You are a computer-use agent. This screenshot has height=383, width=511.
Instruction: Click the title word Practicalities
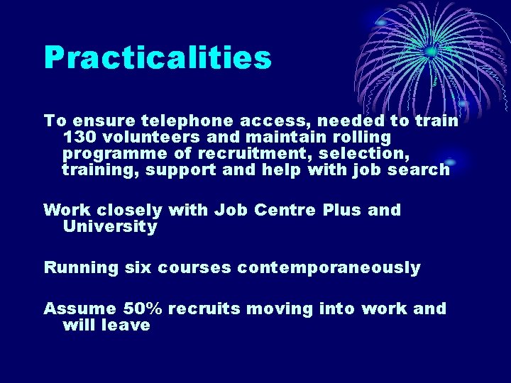click(x=158, y=58)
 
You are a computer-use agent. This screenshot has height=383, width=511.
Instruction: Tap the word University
click(x=110, y=227)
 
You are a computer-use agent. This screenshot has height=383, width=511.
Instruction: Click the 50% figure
click(x=143, y=309)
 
